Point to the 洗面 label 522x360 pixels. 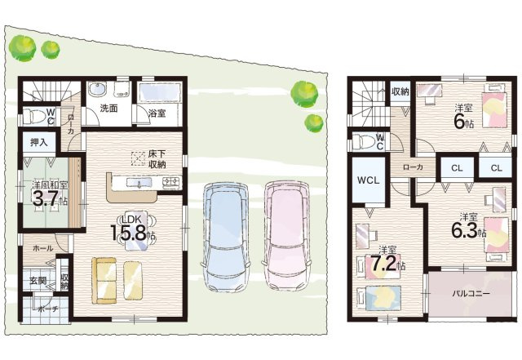click(108, 107)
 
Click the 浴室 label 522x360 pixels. click(157, 113)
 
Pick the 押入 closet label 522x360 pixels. click(39, 142)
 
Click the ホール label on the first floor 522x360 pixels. click(43, 247)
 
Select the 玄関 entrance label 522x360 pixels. click(38, 282)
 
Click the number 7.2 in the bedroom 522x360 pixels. click(383, 264)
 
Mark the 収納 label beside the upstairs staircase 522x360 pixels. click(400, 91)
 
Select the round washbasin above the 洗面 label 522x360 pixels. click(98, 89)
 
